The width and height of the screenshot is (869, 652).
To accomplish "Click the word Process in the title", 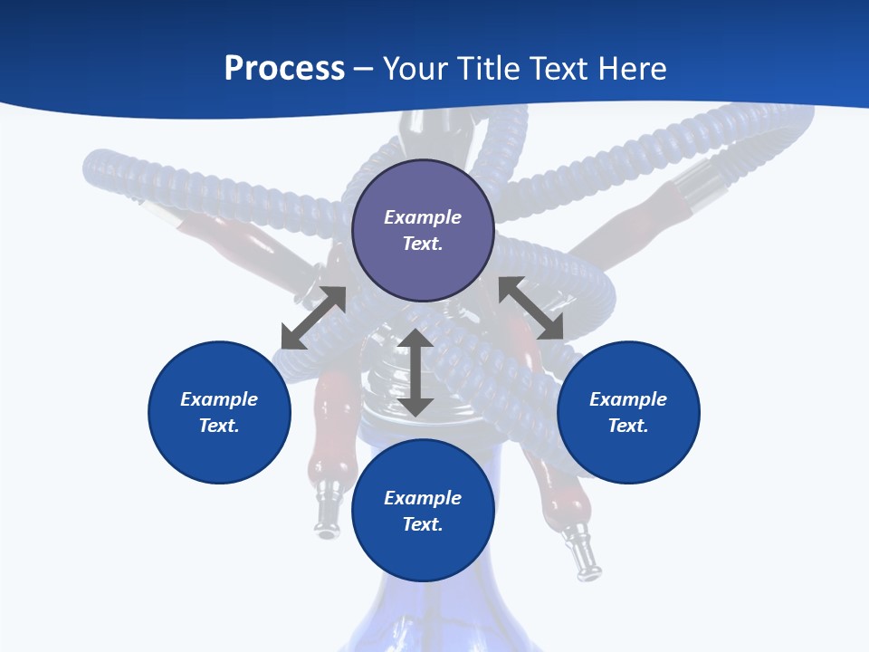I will pos(284,69).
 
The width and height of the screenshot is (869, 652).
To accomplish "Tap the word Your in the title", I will pos(415,69).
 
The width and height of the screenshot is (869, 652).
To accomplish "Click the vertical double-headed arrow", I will pos(415,372).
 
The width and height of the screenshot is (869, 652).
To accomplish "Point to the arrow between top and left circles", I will pos(313,318).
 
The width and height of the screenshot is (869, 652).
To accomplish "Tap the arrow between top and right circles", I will pos(531,308).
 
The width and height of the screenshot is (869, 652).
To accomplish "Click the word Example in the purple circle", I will pos(423,217).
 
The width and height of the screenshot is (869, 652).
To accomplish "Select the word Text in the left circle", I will pos(219,426).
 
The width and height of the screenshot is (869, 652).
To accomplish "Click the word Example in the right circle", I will pos(628,399).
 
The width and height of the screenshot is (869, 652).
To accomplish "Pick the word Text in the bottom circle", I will pos(423,524).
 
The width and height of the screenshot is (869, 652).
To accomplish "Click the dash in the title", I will pos(364,69).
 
